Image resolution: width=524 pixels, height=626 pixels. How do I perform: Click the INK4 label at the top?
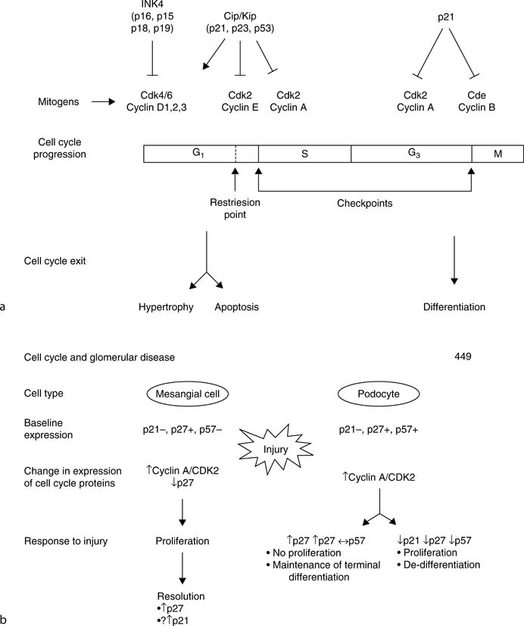coord(152,4)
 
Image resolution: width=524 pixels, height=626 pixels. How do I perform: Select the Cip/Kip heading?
coord(240,17)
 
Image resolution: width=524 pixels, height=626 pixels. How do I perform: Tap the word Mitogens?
coord(58,101)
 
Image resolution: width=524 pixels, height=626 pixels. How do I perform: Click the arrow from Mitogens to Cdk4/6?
coord(103,101)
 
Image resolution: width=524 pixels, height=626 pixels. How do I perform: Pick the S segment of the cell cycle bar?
coord(304,154)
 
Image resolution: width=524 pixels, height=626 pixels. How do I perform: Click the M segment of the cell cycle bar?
coord(497,154)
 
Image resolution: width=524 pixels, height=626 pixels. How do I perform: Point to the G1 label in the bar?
coord(198,153)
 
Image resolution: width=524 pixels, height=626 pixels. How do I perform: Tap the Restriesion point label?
coord(235,208)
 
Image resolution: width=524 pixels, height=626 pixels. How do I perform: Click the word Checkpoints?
coord(365,203)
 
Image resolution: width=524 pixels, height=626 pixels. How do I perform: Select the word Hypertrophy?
coord(166,307)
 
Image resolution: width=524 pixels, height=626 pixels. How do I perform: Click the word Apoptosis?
coord(236,307)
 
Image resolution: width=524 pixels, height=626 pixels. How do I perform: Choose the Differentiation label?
coord(454,307)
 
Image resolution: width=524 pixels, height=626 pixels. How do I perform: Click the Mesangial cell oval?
coord(188,394)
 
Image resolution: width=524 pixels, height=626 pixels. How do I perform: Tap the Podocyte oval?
coord(379,394)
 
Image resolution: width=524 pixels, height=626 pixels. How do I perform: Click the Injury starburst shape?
coord(275,450)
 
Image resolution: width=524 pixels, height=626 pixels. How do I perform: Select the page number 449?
coord(463,357)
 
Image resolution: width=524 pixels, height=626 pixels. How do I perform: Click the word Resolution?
coord(181,596)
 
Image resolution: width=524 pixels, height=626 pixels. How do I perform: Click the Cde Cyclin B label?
coord(476,101)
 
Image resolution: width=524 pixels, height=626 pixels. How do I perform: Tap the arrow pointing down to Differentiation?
coord(454,260)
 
